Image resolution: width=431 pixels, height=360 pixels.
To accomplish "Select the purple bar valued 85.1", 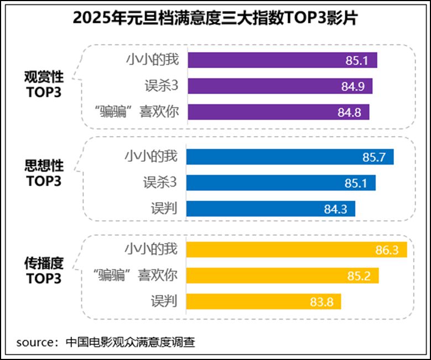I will point(282,60).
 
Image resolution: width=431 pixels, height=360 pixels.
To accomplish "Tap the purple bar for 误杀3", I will point(280,86).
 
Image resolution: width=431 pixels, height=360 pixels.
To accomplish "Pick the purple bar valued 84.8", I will point(278,112).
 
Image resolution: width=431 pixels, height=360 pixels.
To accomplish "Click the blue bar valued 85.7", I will point(290,157).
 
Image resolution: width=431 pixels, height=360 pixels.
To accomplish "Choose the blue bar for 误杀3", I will point(281,183).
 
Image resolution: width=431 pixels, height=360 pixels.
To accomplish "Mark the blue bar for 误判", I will point(271,209).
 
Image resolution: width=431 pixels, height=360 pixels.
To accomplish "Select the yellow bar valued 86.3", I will point(297,250).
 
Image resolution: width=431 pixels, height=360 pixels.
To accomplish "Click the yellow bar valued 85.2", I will point(283,276).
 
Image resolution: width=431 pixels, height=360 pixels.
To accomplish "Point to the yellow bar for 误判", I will point(264,302).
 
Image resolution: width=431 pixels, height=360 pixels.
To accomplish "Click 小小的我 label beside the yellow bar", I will point(151,249).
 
